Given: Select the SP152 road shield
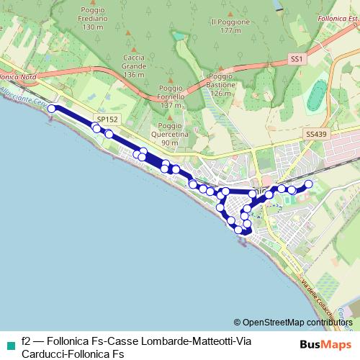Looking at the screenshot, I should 107,118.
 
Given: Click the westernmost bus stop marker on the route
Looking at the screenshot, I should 52,109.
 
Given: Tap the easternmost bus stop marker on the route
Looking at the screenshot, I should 308,184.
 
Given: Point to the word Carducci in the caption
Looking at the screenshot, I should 43,354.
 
